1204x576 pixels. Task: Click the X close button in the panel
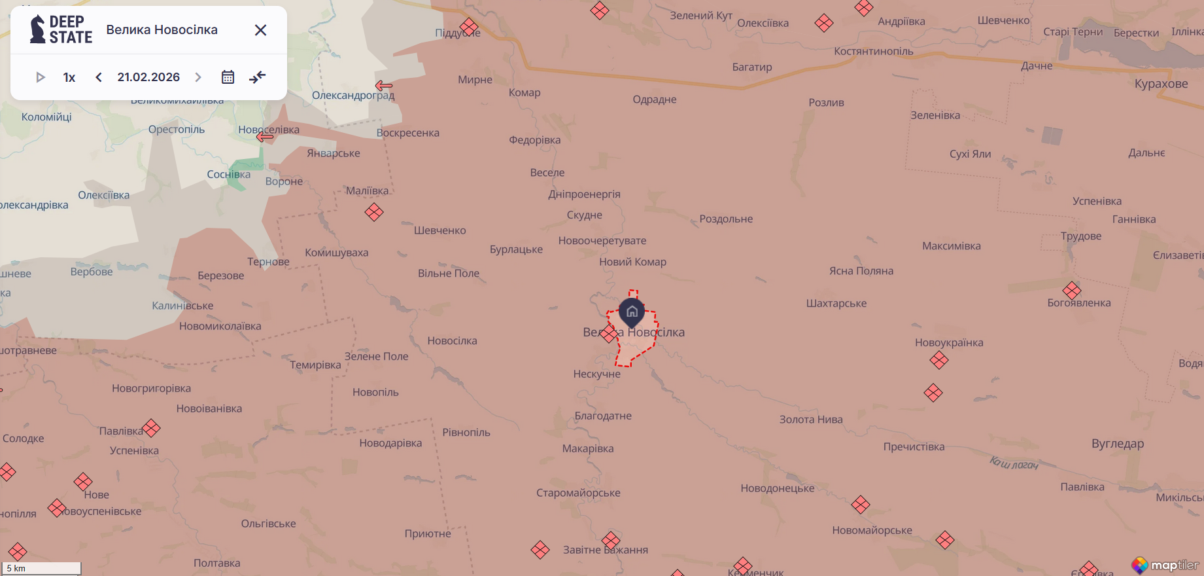[260, 30]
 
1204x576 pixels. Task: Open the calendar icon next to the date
[228, 77]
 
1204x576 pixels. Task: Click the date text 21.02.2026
[148, 77]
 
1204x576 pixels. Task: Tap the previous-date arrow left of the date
[99, 77]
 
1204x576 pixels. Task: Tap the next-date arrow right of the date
[198, 77]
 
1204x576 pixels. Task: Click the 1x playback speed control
[69, 77]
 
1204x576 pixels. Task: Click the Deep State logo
[61, 29]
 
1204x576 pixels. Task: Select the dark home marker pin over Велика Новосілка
[632, 312]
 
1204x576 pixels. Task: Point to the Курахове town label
[1161, 84]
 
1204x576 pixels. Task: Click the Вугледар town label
[1118, 444]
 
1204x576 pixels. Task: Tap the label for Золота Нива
[811, 420]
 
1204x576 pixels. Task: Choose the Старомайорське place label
[578, 493]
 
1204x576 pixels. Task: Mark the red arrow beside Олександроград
[384, 86]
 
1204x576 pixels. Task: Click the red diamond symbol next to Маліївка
[374, 212]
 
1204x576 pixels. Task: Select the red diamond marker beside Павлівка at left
[151, 429]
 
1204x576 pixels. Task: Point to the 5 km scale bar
[42, 568]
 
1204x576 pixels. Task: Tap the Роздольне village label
[726, 219]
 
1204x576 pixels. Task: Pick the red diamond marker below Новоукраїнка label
[939, 360]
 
